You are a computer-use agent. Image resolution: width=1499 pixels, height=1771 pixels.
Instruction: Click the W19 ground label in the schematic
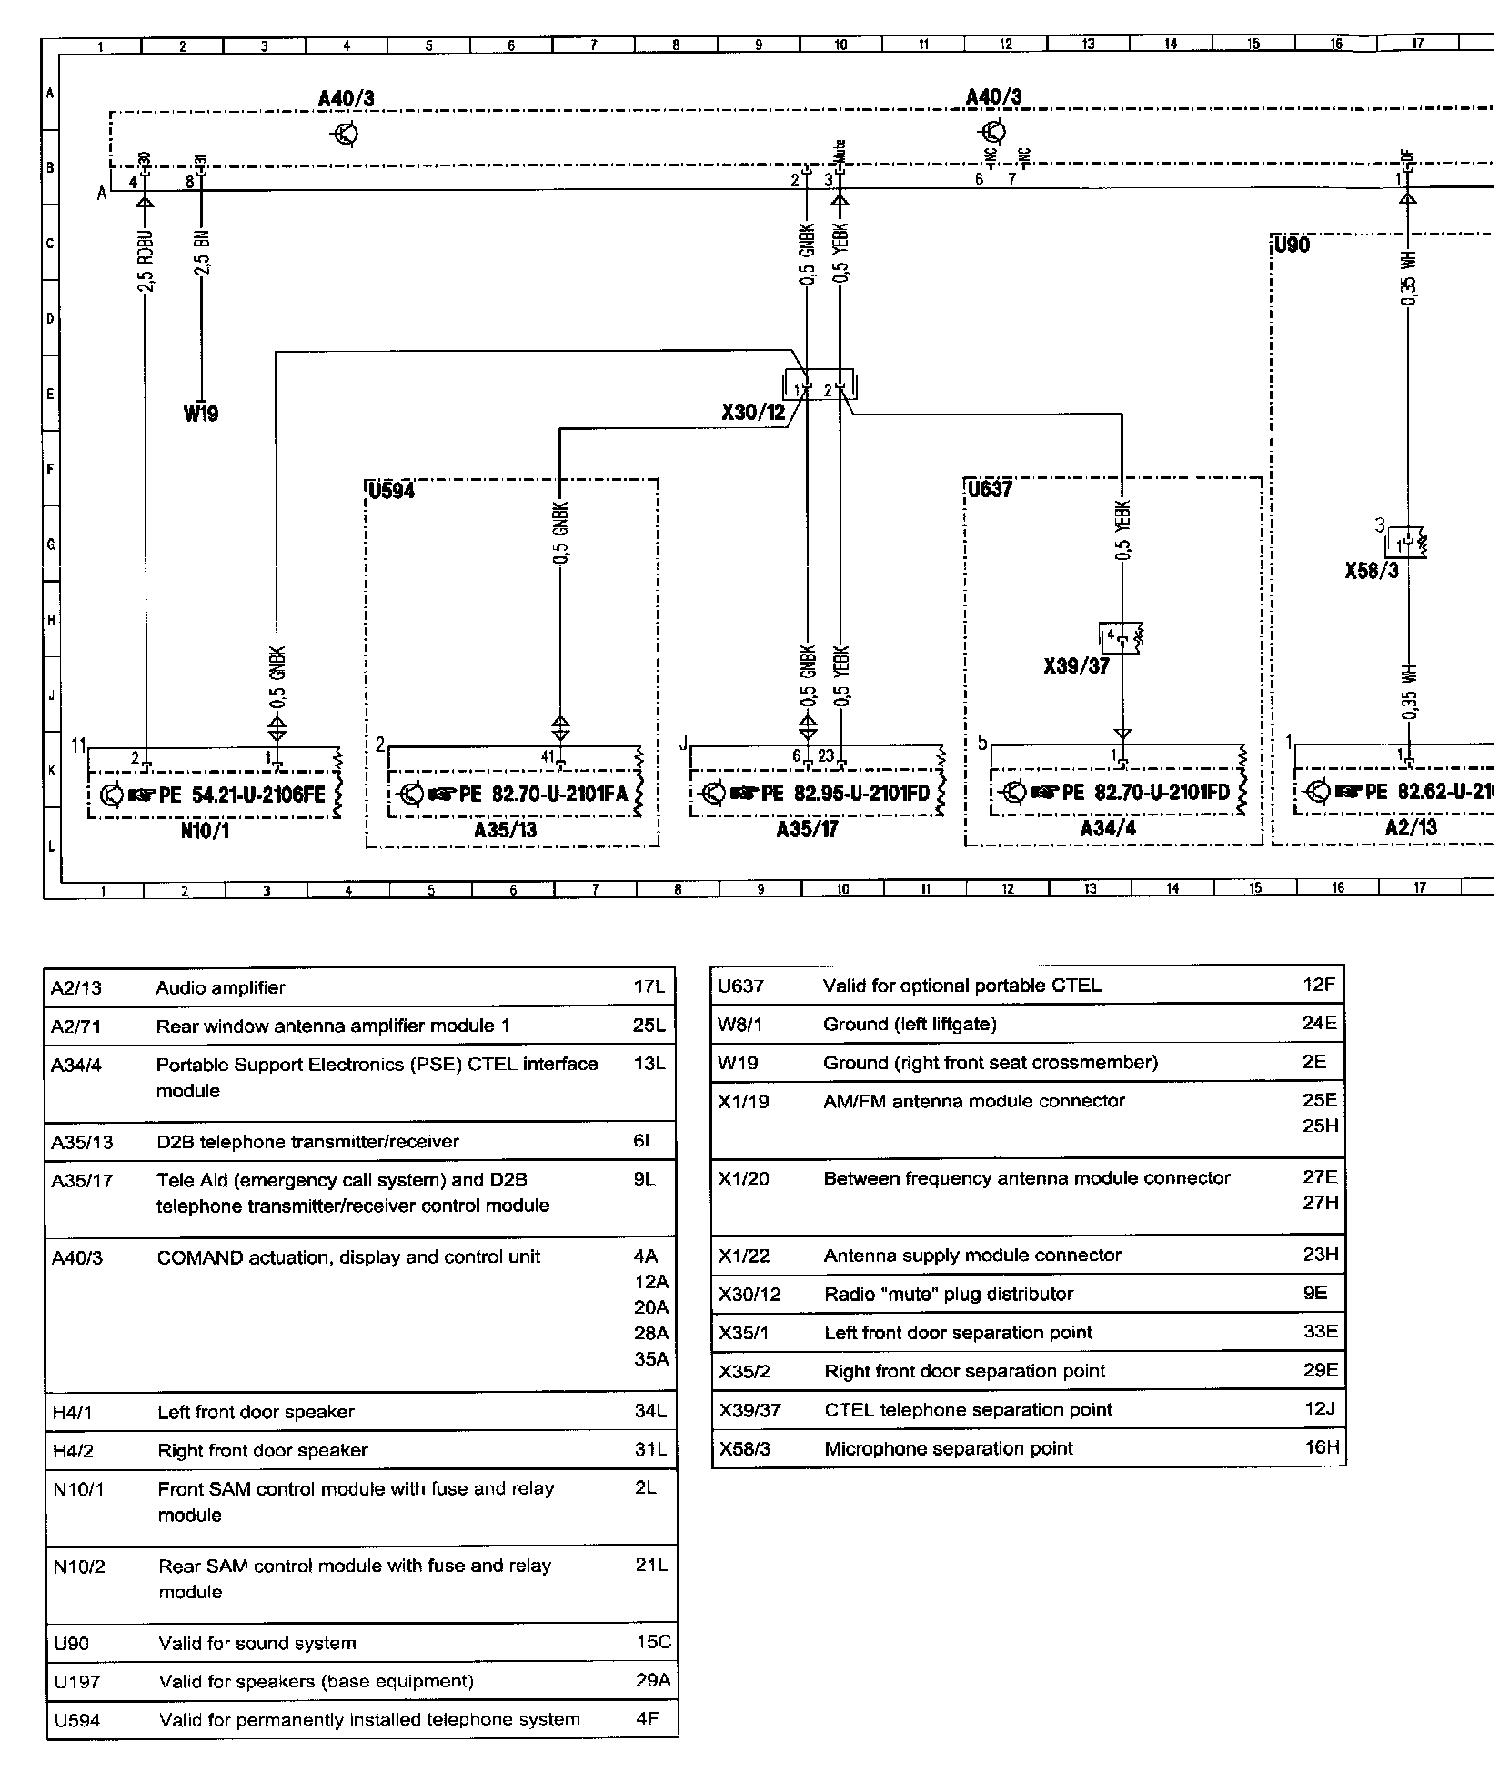(200, 415)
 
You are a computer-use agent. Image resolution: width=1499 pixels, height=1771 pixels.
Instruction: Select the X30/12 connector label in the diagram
(752, 412)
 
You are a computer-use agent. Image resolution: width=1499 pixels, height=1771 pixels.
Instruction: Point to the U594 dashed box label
(391, 491)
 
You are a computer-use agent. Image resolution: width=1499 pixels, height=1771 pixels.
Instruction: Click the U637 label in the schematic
(990, 490)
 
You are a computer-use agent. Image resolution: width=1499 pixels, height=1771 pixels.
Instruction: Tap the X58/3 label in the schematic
(1371, 571)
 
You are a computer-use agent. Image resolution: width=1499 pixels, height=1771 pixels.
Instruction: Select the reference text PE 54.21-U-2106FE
(241, 795)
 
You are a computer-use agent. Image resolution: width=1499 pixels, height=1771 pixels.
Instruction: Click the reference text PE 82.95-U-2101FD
(847, 794)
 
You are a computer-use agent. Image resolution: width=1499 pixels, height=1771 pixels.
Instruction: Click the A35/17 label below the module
(807, 830)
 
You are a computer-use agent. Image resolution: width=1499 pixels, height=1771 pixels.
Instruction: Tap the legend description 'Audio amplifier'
(220, 987)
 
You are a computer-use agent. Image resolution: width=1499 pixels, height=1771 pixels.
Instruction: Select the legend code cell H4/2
(74, 1451)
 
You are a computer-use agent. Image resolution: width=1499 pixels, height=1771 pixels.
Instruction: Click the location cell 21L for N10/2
(650, 1565)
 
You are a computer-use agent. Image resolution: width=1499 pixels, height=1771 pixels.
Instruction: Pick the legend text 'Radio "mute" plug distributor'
(948, 1294)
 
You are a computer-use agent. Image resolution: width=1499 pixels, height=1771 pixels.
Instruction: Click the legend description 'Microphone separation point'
(948, 1448)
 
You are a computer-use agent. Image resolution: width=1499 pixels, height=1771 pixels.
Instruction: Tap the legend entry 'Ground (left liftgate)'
(909, 1025)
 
